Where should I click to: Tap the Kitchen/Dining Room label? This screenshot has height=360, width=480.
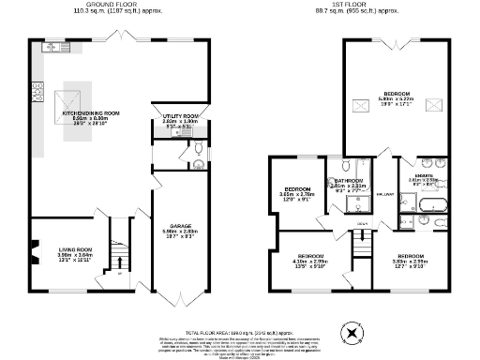91,116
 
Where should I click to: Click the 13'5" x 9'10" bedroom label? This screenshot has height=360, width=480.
310,261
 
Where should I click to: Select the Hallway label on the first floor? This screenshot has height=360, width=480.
385,194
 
